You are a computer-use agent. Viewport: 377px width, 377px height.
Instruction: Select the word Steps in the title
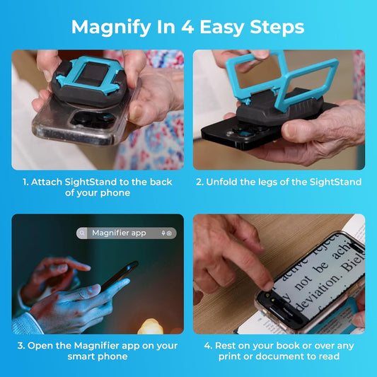click(277, 27)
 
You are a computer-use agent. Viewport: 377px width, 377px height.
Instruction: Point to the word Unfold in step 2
click(223, 182)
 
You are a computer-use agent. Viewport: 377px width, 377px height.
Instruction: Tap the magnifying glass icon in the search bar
click(83, 233)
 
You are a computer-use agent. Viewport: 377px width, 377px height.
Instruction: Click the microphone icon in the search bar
click(163, 233)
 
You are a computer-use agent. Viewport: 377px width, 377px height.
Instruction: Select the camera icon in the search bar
click(170, 233)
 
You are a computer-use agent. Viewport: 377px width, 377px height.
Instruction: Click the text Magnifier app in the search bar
click(119, 233)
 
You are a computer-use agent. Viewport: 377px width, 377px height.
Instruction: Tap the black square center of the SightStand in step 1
click(91, 76)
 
